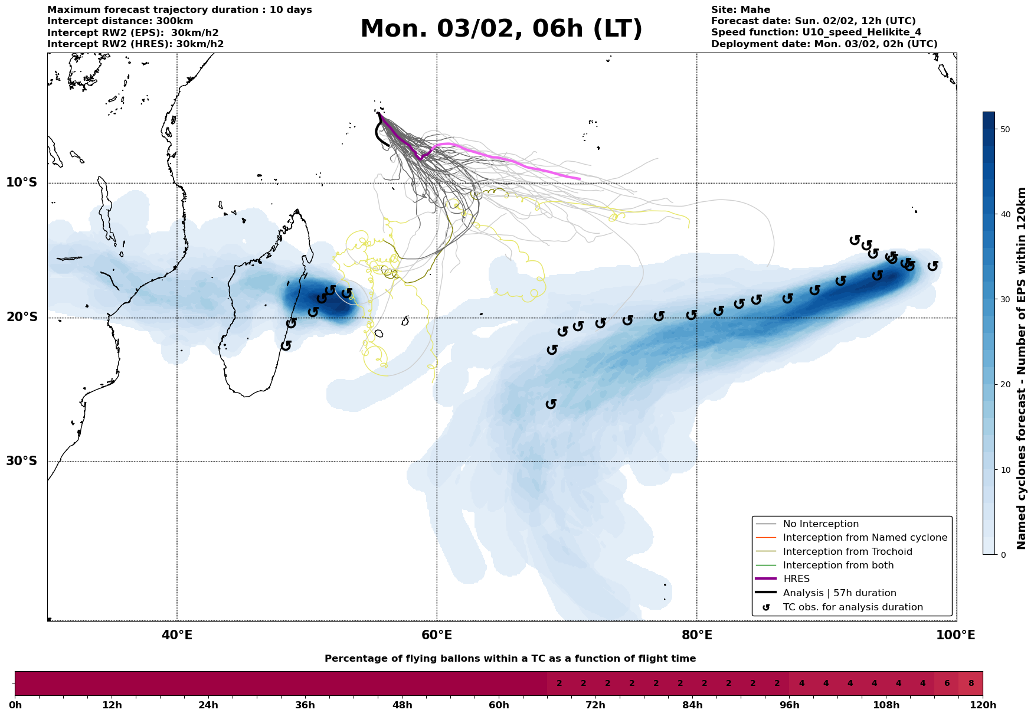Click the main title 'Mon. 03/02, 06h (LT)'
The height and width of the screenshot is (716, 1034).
click(x=501, y=29)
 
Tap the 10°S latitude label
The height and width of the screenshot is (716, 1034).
click(x=22, y=182)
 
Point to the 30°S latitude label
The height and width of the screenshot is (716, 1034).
click(x=22, y=461)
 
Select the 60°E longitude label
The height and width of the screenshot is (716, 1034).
click(x=437, y=636)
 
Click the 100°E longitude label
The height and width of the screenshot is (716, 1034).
click(x=956, y=636)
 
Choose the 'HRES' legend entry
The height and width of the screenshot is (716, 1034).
click(x=796, y=579)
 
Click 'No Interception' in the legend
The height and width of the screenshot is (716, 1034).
click(x=820, y=524)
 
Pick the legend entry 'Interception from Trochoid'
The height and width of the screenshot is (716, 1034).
click(x=847, y=552)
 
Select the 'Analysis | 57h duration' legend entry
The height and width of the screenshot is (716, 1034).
click(x=839, y=593)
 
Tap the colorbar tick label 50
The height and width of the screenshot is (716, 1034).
click(x=1004, y=129)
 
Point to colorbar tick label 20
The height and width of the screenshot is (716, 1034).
click(x=1004, y=385)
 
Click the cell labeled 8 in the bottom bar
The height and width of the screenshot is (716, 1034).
click(x=971, y=684)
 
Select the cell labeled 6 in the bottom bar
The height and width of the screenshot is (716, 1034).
click(x=947, y=684)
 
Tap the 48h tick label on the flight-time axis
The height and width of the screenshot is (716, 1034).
click(x=402, y=705)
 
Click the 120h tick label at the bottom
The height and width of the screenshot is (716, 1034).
click(x=982, y=705)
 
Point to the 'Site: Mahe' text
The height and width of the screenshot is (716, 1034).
click(x=740, y=10)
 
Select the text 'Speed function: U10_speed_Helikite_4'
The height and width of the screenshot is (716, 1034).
click(x=816, y=32)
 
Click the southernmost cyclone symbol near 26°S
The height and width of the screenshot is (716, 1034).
click(x=551, y=404)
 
